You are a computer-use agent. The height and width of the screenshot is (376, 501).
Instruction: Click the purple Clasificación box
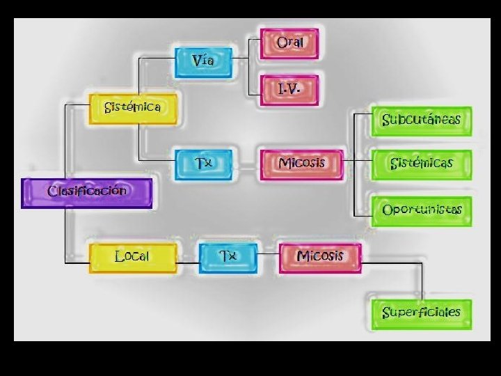click(x=86, y=193)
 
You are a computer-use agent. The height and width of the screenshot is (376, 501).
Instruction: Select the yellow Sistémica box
click(x=132, y=109)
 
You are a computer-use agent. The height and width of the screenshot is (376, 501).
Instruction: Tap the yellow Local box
click(x=132, y=257)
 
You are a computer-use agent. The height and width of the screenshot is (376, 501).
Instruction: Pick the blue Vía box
click(x=202, y=61)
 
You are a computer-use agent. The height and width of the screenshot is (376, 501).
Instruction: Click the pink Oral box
click(x=289, y=43)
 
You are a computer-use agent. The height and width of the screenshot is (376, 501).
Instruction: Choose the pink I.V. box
click(x=289, y=90)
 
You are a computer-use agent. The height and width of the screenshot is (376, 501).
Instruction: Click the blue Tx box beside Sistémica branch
click(x=202, y=164)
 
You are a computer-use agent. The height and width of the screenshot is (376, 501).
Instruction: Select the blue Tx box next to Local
click(x=228, y=257)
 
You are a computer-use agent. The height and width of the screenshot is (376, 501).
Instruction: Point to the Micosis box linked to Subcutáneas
click(x=301, y=164)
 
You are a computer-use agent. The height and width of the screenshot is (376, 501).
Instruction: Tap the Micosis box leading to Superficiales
click(x=320, y=257)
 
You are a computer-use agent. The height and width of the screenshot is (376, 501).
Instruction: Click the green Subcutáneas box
click(x=422, y=120)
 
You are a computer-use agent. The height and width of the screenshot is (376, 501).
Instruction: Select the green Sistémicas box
click(x=422, y=164)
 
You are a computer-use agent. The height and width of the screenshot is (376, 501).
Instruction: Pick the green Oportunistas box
click(x=422, y=210)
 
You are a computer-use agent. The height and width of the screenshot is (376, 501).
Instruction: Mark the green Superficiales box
click(x=422, y=313)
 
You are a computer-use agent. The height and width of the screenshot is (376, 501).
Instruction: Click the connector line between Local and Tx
click(x=188, y=263)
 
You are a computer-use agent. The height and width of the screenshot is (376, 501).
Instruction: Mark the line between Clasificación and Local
click(x=66, y=237)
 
